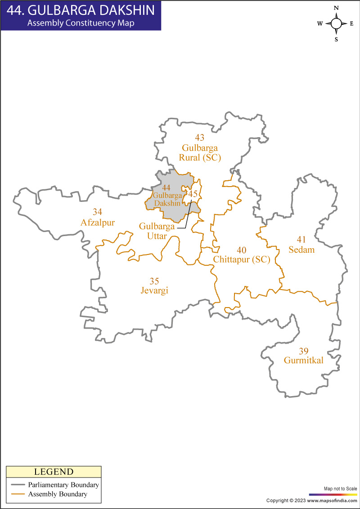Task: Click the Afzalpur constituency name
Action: click(x=98, y=223)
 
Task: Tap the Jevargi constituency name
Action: click(x=154, y=291)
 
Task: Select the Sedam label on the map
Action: click(x=301, y=250)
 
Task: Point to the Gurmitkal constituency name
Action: click(x=304, y=360)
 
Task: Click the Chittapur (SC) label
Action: click(x=242, y=259)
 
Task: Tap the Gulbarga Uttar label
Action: click(x=157, y=231)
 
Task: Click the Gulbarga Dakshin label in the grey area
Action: click(x=167, y=199)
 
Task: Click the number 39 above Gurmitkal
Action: click(x=303, y=351)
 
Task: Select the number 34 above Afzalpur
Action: click(x=98, y=212)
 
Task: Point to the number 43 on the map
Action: click(x=199, y=137)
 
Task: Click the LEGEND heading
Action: click(x=54, y=472)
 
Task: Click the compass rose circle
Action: click(x=336, y=23)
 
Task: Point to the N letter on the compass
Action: click(x=336, y=8)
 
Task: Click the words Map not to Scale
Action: click(x=340, y=488)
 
